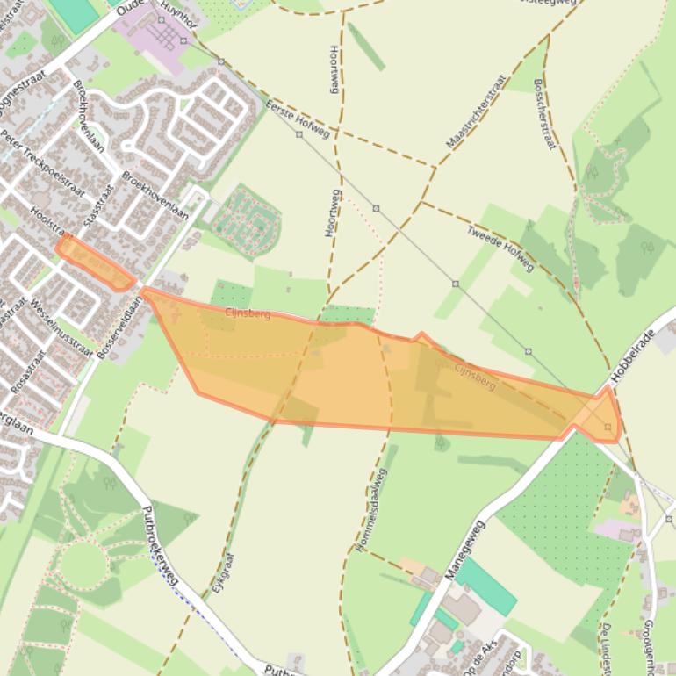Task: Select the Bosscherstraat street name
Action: coord(544,115)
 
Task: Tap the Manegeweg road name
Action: coord(464,550)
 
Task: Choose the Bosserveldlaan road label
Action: coord(120,326)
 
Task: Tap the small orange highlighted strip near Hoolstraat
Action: coord(95,263)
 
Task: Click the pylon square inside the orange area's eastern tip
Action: coord(608,427)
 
